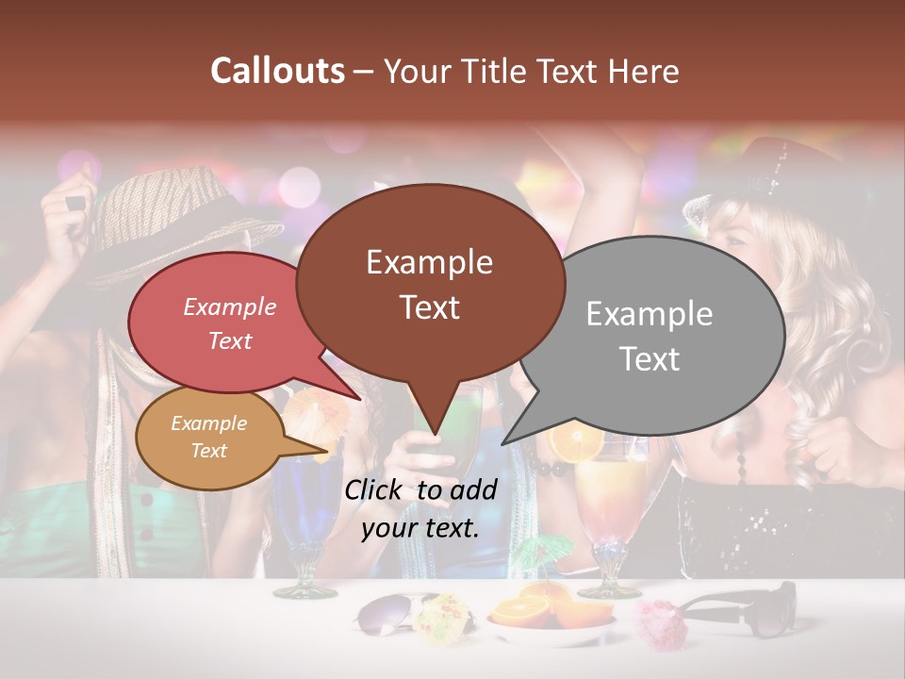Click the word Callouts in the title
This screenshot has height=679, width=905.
pos(277,71)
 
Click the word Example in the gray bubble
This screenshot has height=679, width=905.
pos(650,314)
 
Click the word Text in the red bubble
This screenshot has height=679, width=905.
pos(230,341)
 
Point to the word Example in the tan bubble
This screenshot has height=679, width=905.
pos(208,423)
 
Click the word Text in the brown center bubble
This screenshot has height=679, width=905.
pos(430,307)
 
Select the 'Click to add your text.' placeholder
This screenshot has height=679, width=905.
pos(420,508)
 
